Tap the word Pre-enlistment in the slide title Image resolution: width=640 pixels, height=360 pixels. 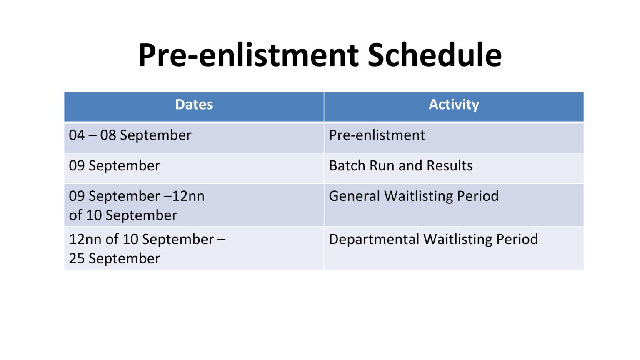click(x=248, y=55)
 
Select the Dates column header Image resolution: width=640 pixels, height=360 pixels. click(x=194, y=105)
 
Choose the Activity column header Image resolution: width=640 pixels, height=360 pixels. click(x=454, y=105)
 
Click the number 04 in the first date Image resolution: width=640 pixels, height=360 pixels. click(x=77, y=135)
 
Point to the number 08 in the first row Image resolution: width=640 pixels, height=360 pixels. click(x=108, y=135)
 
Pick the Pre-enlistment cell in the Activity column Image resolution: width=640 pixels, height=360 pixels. click(x=377, y=135)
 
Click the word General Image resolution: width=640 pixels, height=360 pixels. click(x=354, y=196)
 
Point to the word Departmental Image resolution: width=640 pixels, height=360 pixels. click(x=374, y=240)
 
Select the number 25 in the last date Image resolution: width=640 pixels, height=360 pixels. click(x=77, y=259)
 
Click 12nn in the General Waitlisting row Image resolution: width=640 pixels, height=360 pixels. click(x=188, y=196)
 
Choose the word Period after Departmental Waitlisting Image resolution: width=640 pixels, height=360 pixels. click(x=517, y=240)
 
